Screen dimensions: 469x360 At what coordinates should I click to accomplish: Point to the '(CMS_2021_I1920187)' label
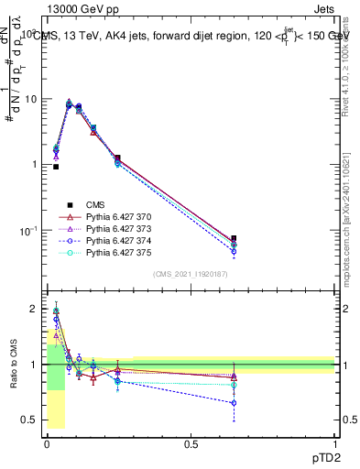[x=190, y=274]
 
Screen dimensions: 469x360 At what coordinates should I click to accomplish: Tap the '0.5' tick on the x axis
[x=191, y=442]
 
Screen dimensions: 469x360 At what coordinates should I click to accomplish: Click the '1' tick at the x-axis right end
[x=334, y=442]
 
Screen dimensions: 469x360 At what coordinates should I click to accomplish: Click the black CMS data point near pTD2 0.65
[x=234, y=238]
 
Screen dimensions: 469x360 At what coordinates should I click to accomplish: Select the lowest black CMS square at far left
[x=56, y=167]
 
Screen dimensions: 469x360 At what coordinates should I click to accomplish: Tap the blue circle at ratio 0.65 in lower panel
[x=234, y=402]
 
